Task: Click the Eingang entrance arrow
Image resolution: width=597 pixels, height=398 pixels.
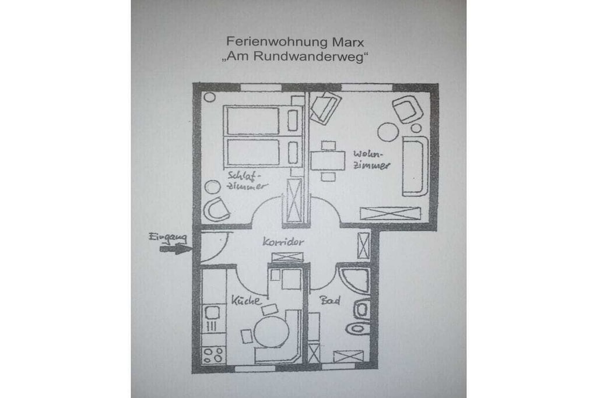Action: pyautogui.click(x=175, y=249)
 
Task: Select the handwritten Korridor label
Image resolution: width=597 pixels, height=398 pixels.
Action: pyautogui.click(x=283, y=242)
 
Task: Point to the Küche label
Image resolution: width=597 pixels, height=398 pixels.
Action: pyautogui.click(x=246, y=301)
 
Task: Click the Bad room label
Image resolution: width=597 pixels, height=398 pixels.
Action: pyautogui.click(x=330, y=301)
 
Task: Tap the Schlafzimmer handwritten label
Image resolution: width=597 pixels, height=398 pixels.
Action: pyautogui.click(x=247, y=181)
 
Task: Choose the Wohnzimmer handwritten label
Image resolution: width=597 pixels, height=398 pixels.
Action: pyautogui.click(x=371, y=160)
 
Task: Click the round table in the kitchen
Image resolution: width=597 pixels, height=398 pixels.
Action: pyautogui.click(x=272, y=332)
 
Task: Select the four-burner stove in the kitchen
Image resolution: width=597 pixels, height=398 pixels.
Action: pyautogui.click(x=213, y=355)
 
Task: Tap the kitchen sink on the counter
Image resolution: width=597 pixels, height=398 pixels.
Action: pyautogui.click(x=212, y=313)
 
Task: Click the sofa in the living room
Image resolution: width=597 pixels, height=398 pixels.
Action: pyautogui.click(x=415, y=165)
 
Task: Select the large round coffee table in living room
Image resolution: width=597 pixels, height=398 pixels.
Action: pyautogui.click(x=388, y=132)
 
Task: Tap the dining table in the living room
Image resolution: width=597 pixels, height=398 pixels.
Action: pyautogui.click(x=328, y=161)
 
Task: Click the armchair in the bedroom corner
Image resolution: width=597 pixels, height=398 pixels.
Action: pyautogui.click(x=216, y=209)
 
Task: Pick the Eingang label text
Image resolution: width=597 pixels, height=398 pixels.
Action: pyautogui.click(x=167, y=237)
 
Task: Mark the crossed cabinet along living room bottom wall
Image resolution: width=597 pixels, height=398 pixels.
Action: pyautogui.click(x=390, y=213)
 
